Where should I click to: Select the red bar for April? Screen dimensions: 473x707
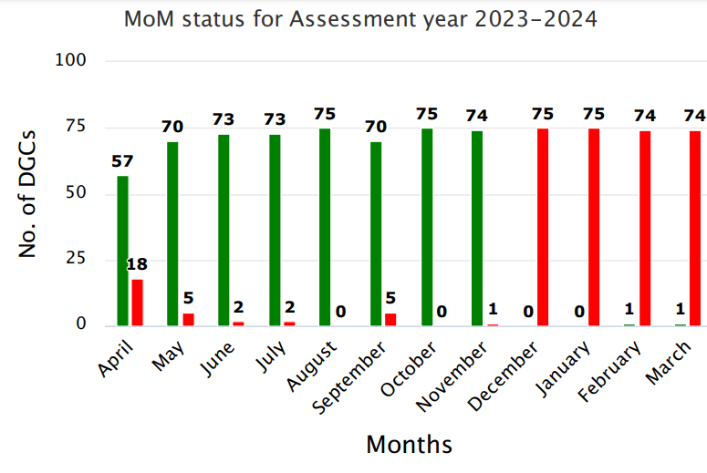pyautogui.click(x=137, y=303)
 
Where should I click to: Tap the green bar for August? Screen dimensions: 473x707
pyautogui.click(x=325, y=227)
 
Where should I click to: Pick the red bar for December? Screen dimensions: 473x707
pyautogui.click(x=543, y=227)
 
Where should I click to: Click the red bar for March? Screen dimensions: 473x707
pyautogui.click(x=695, y=228)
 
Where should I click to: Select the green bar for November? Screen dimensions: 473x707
pyautogui.click(x=477, y=228)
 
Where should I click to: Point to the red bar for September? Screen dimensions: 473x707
pyautogui.click(x=390, y=320)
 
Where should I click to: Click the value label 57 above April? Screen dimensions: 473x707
pyautogui.click(x=122, y=161)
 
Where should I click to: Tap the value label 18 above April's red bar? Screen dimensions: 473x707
pyautogui.click(x=138, y=264)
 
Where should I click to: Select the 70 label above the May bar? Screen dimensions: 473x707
pyautogui.click(x=173, y=127)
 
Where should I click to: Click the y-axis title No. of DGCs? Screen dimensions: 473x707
pyautogui.click(x=28, y=193)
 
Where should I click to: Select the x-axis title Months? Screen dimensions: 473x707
pyautogui.click(x=409, y=445)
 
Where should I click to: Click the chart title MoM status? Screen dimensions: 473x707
pyautogui.click(x=360, y=18)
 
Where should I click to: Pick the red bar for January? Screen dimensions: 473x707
pyautogui.click(x=594, y=227)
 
